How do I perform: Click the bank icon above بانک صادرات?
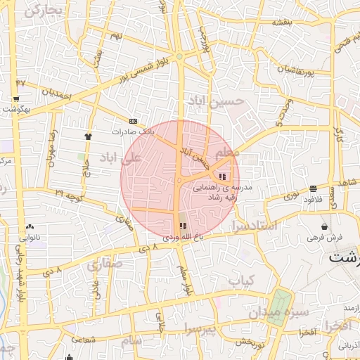click(x=133, y=122)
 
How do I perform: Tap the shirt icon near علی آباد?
click(x=88, y=136)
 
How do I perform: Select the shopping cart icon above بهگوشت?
click(x=15, y=99)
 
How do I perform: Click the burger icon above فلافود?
click(x=313, y=188)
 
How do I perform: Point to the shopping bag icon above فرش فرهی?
click(x=323, y=226)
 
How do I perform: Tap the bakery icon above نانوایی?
click(x=30, y=227)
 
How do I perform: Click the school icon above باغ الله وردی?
click(x=183, y=226)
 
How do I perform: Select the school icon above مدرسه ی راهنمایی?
click(x=223, y=176)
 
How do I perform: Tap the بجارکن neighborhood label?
click(x=44, y=11)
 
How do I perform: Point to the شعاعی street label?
click(x=82, y=338)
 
